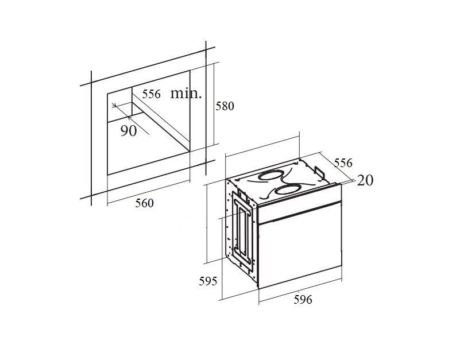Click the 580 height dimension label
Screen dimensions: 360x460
click(x=225, y=106)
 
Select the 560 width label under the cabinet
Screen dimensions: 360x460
click(x=144, y=203)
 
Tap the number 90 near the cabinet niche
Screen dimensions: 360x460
click(x=129, y=131)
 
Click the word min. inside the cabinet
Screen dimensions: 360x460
click(x=185, y=94)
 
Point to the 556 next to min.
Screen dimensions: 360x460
click(x=152, y=94)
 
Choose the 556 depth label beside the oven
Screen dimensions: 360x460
click(x=343, y=163)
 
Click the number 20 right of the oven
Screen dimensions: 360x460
click(x=365, y=180)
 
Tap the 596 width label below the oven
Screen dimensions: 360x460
click(x=303, y=299)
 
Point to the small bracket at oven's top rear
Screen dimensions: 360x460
click(x=319, y=172)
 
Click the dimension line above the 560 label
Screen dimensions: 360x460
click(x=148, y=192)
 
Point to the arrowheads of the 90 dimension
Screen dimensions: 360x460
click(x=117, y=109)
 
